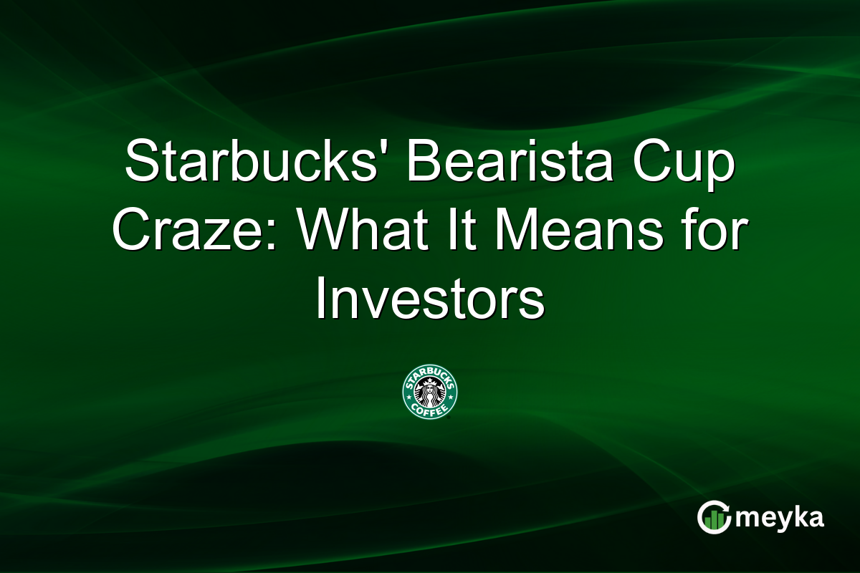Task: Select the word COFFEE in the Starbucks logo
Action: point(430,410)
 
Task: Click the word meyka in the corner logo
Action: point(784,518)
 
